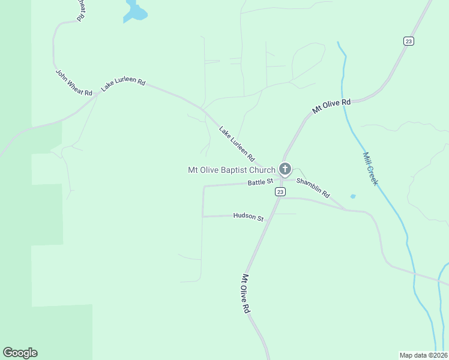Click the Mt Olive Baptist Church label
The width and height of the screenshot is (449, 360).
coord(231,170)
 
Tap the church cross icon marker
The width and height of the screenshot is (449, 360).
coord(285,169)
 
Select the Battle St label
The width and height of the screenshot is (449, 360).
coord(260,181)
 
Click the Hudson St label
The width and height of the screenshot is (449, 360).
coord(248,217)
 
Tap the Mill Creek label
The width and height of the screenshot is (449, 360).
coord(370,169)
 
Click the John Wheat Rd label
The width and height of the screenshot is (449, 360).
coord(74,83)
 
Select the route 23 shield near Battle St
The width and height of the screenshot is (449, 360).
coord(280,191)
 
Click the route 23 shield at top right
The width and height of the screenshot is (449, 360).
coord(409,41)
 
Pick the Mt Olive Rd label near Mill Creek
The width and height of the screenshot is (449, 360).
coord(331,107)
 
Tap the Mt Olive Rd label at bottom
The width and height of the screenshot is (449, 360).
coord(246,293)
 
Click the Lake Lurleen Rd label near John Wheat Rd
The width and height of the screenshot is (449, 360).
coord(123,85)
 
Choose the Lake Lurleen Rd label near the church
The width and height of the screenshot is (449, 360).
coord(237,143)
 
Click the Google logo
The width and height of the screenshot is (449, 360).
coord(20,353)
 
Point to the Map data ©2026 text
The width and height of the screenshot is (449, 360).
coord(423,355)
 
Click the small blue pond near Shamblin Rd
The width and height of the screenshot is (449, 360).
coord(352,196)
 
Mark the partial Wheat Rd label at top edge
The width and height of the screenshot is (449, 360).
coord(80,10)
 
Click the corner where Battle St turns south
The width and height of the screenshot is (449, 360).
coord(204,187)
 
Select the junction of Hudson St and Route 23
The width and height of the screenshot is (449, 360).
coord(268,214)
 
